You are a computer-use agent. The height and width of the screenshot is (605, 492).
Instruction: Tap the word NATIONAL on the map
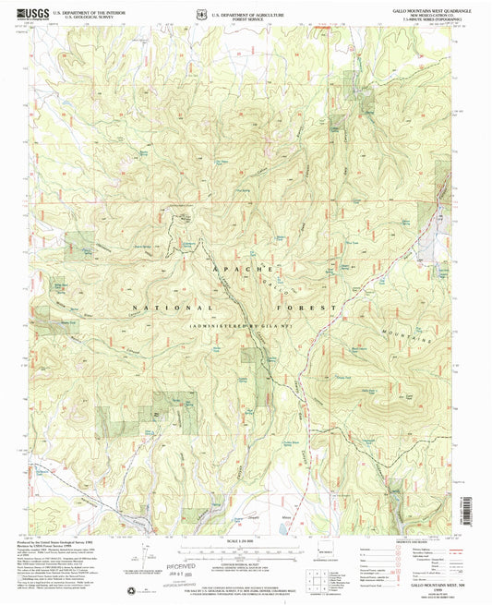tap(173, 306)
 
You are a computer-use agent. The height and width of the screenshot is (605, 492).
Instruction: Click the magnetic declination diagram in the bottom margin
tap(138, 559)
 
